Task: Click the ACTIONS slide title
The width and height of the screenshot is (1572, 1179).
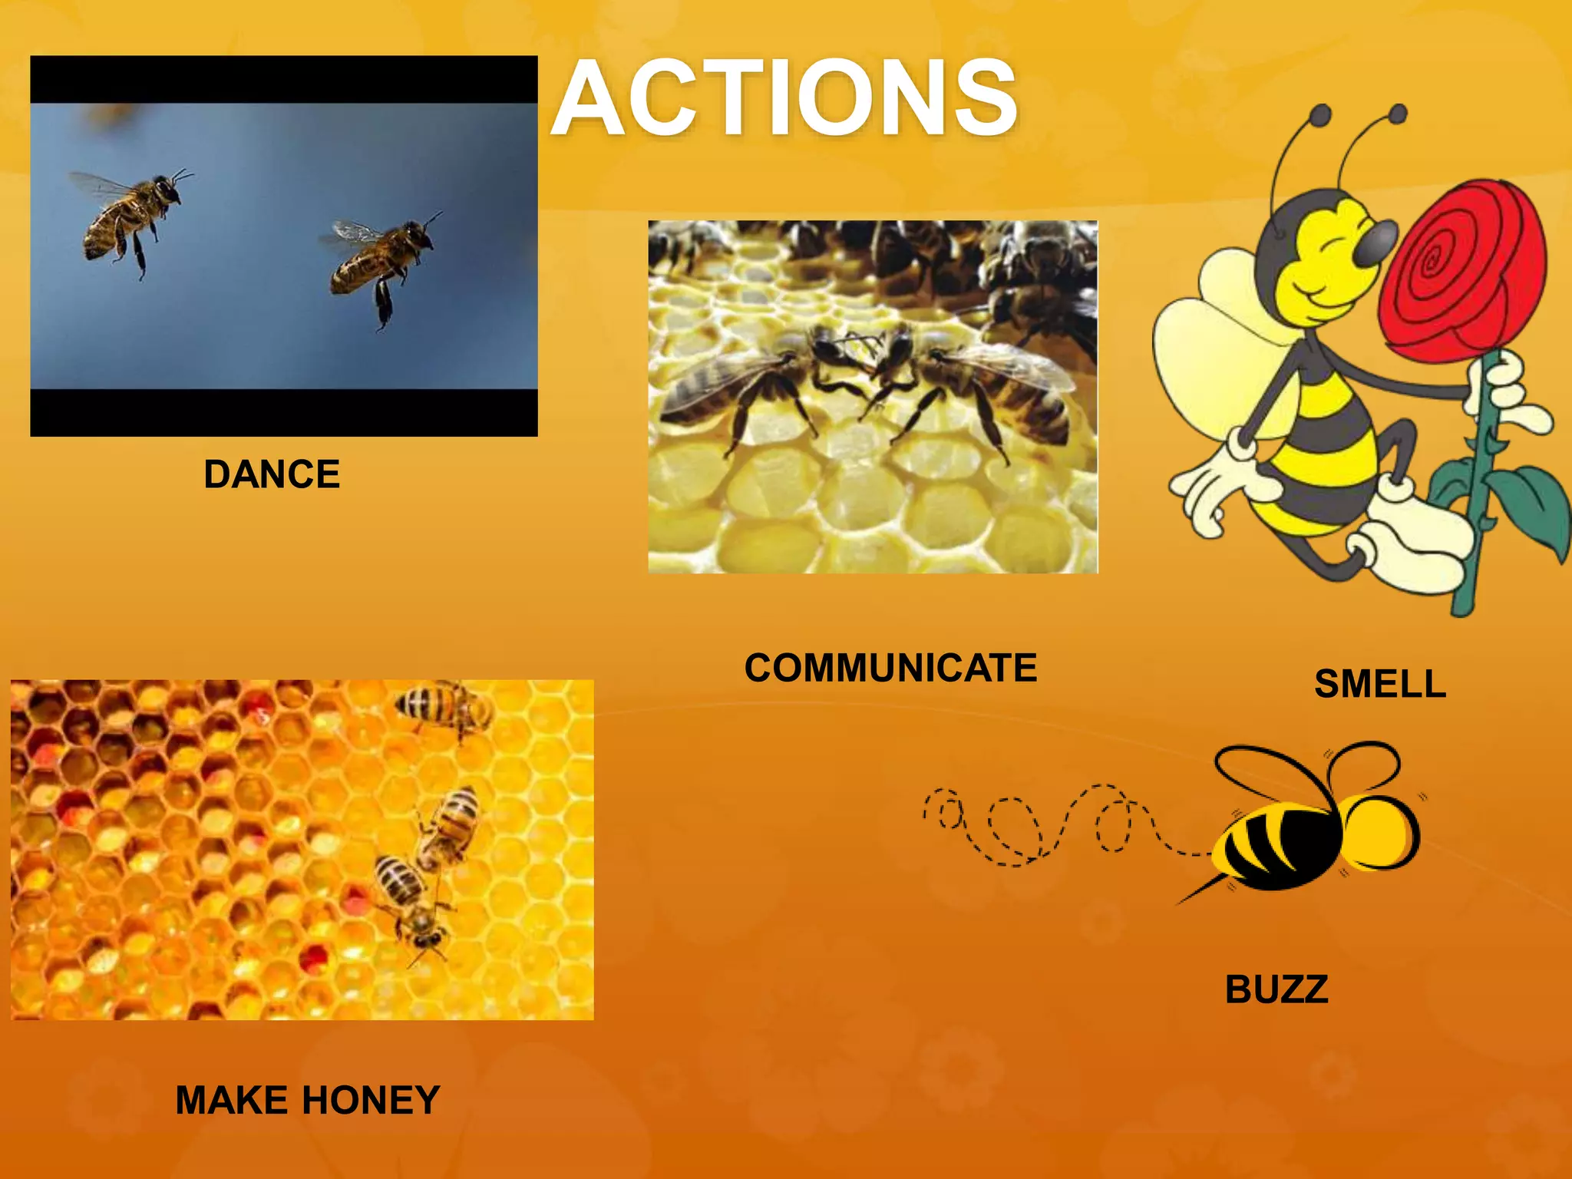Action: (x=784, y=98)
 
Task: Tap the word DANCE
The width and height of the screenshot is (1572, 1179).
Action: (x=272, y=474)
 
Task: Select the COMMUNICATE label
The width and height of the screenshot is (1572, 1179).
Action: (x=890, y=668)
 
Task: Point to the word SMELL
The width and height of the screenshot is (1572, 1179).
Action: (x=1380, y=684)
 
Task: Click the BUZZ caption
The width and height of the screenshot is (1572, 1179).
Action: (x=1276, y=989)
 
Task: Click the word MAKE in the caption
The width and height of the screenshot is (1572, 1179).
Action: (x=231, y=1100)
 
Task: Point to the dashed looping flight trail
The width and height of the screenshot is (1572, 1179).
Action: (x=1059, y=826)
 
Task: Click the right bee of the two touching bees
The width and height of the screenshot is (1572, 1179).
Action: (x=990, y=384)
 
